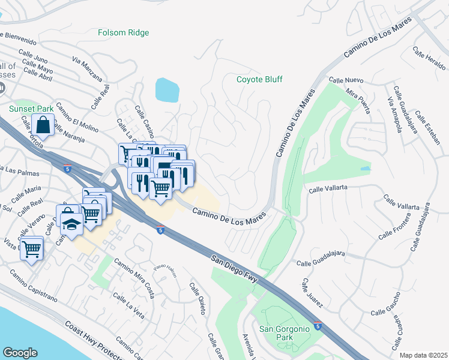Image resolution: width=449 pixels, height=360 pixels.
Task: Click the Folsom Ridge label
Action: pos(124,32)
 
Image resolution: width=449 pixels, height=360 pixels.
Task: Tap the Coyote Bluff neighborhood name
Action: pos(259,79)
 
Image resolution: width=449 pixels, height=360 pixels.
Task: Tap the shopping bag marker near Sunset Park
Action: pos(44,126)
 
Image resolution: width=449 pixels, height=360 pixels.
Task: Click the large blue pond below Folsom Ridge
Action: pos(167,89)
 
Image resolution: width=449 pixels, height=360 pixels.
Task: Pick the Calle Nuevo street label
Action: pos(346,80)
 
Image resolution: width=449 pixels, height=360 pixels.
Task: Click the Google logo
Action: pos(20,352)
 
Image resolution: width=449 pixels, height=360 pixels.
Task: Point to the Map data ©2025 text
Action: pos(423,355)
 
